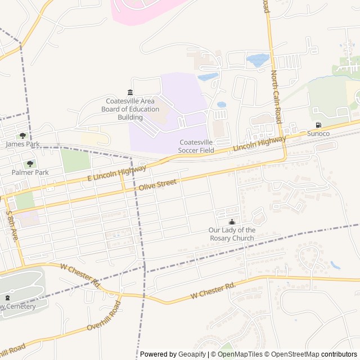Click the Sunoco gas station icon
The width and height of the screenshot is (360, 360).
(x=318, y=125)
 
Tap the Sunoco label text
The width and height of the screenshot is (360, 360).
(x=318, y=133)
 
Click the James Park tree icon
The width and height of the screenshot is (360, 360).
(x=22, y=136)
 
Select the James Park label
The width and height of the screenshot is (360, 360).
(x=22, y=144)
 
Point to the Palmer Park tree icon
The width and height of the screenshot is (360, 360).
(x=30, y=164)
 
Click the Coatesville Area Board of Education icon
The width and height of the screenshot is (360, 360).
(x=130, y=92)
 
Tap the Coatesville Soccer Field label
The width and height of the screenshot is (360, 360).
(x=196, y=146)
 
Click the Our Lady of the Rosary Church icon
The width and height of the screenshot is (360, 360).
(x=232, y=222)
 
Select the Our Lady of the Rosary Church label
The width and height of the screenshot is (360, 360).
(x=232, y=234)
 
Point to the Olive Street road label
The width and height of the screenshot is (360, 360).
(x=157, y=184)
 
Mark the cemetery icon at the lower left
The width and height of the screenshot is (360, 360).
(x=7, y=298)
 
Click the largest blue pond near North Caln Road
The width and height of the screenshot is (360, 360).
(x=258, y=60)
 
